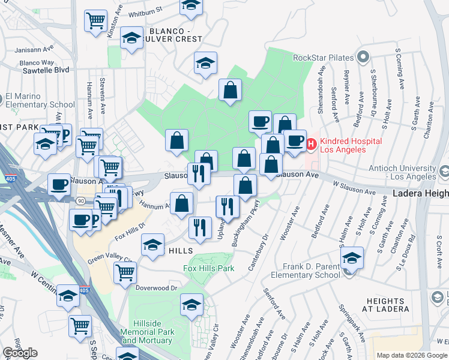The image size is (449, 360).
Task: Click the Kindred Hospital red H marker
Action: tap(312, 144)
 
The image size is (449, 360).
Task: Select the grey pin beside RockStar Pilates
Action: tap(363, 58)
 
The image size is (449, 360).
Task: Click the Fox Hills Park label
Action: tap(209, 268)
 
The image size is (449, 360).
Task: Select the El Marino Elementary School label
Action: tap(40, 100)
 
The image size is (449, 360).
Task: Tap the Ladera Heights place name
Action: tap(421, 193)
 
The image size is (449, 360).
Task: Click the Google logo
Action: tap(20, 353)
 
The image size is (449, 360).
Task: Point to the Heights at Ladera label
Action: tap(387, 305)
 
